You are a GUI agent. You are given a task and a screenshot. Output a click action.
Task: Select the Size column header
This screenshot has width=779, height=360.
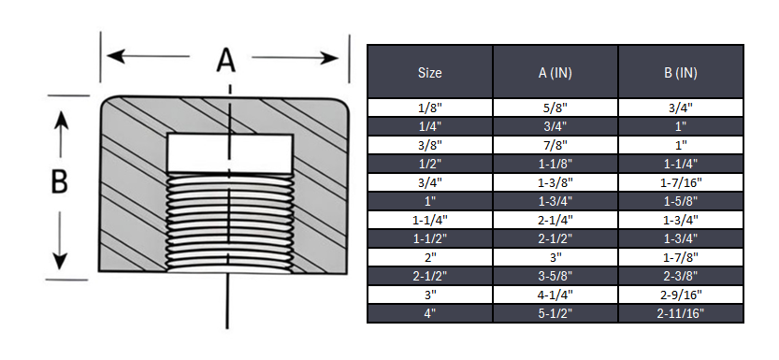point(429,72)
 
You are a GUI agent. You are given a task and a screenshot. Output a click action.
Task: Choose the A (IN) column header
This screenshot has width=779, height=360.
point(555,72)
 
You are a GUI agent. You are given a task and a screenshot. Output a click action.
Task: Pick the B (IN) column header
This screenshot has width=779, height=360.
point(681,72)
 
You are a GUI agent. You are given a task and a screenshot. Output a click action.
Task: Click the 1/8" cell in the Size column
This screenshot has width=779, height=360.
point(429,108)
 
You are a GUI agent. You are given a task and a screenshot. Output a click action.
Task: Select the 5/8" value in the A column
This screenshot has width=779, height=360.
point(555,108)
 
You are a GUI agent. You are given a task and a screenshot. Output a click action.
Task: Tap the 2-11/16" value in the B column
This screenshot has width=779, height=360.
point(681,313)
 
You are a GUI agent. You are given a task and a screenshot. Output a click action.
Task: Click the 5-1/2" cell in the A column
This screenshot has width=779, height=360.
point(555,313)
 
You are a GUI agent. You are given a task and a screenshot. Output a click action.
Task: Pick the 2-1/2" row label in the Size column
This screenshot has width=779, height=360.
point(429,276)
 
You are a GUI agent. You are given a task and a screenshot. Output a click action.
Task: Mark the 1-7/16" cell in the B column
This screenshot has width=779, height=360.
point(681,182)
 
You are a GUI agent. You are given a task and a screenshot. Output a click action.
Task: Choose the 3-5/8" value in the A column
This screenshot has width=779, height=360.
point(555,276)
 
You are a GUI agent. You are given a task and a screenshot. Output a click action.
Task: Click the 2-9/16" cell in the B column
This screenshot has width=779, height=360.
point(681,295)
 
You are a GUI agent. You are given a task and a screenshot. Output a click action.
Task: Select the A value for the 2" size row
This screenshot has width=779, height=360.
point(555,257)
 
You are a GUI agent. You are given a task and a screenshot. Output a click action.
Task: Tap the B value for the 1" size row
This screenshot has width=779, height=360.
point(681,201)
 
